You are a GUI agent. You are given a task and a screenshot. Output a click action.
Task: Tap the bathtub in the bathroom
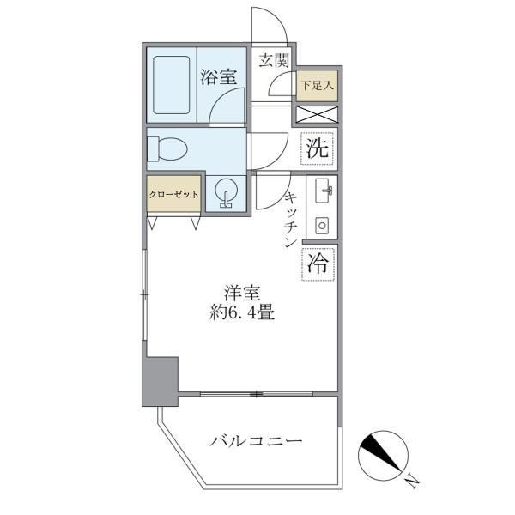tap(172, 87)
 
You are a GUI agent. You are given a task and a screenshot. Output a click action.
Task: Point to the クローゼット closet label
tap(174, 194)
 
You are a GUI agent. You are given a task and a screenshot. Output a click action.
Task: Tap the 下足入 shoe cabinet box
tap(318, 85)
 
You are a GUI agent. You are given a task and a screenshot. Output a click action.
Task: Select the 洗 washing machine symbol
tap(318, 148)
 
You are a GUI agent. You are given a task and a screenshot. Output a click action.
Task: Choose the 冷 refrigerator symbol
tap(318, 264)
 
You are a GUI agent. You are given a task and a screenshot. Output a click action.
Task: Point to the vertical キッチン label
tap(290, 219)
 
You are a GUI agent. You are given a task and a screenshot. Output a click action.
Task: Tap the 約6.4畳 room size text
tap(244, 313)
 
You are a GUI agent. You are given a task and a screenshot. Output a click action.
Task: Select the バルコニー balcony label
tap(257, 442)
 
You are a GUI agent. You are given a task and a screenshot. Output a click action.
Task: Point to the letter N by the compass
tap(412, 480)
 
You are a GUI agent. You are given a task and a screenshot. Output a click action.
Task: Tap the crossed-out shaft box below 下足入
tap(317, 113)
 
